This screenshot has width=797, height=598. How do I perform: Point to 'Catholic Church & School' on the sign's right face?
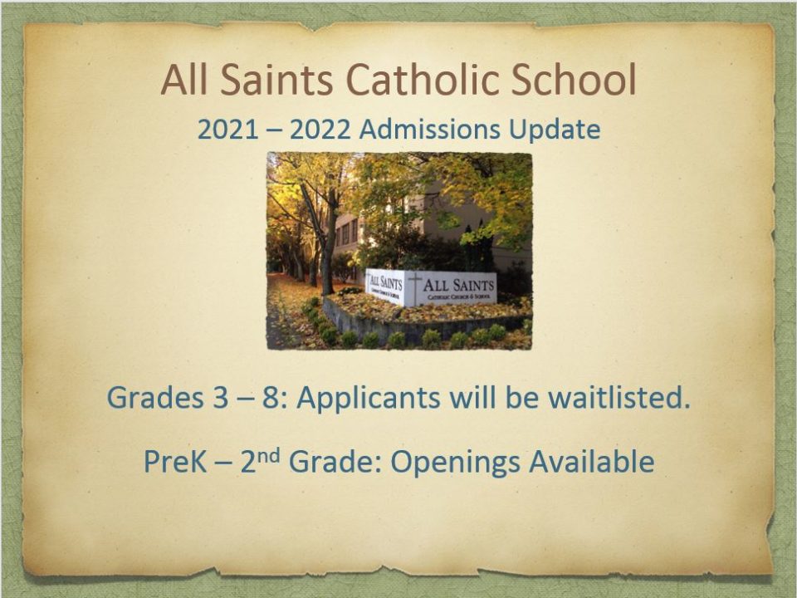[x=459, y=296]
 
